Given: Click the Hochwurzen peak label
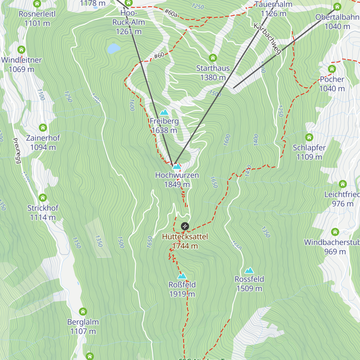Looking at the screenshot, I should pos(177,175).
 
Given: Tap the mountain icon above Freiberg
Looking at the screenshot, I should pos(164,112).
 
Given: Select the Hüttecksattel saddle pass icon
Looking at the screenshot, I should pos(185,226).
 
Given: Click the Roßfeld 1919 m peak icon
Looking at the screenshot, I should pos(182,276).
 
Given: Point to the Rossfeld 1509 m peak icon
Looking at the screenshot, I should pos(249,271).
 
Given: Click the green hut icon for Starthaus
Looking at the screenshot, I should pos(213,58).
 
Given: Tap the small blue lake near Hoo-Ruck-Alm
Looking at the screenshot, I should pos(114,48).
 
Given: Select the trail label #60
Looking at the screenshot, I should pos(159,55).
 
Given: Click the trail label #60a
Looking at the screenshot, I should pos(170,12).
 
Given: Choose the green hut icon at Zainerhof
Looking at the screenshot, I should pos(43,128).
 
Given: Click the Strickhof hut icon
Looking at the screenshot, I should pos(43,198).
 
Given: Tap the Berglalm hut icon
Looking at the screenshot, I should pos(83,312).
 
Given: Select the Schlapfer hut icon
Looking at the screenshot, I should pos(309,137).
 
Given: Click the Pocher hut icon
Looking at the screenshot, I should pos(332,69).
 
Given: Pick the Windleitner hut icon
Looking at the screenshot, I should pos(21,49).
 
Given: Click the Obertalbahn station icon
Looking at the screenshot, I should pos(337,7).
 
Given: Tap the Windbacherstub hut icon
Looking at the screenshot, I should pos(335,232).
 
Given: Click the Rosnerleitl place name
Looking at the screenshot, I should pos(37,14).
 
